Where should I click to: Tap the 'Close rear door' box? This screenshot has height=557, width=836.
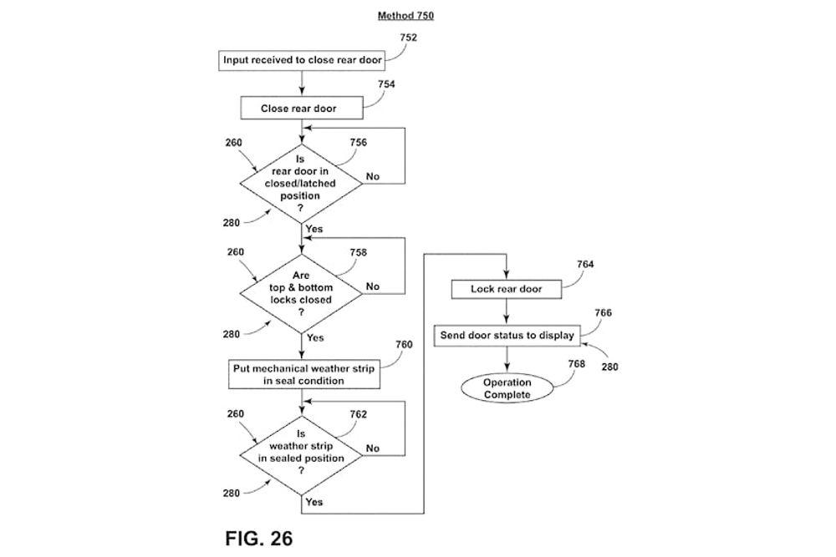300,109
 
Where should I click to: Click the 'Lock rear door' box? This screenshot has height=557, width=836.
506,289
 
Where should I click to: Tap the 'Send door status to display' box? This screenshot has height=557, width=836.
507,336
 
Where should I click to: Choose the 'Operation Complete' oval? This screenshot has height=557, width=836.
507,388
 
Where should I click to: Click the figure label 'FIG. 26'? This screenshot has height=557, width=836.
259,537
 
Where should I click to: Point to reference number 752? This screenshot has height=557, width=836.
409,38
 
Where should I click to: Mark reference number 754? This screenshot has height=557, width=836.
385,84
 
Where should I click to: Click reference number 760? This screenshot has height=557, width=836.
404,343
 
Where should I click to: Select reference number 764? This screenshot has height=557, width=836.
585,264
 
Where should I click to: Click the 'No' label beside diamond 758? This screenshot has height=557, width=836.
373,286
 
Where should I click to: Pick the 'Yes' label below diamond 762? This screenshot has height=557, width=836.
314,503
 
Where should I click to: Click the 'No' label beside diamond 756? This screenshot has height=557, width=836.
373,176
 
